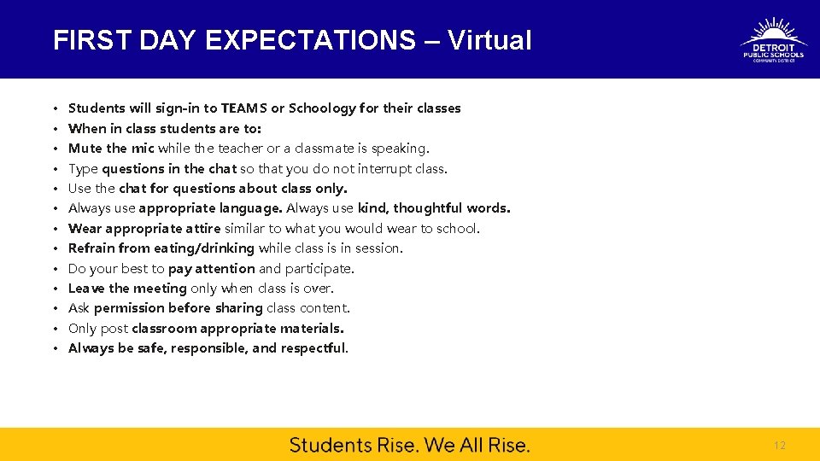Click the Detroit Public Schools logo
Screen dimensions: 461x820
773,40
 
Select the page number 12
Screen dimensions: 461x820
778,446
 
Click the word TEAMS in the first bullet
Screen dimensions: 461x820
243,108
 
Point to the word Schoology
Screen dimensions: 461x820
322,108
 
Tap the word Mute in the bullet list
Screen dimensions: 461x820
85,149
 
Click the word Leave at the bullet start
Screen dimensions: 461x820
86,289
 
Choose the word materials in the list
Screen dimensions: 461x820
313,329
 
